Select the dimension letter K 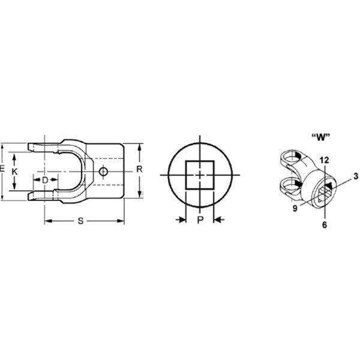(16, 172)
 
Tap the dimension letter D (45, 179)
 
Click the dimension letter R (139, 169)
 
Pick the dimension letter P (200, 221)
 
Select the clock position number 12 (325, 160)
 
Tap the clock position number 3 (355, 175)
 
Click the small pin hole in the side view (104, 172)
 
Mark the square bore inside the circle (200, 175)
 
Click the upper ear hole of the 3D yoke (293, 158)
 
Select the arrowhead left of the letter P (181, 221)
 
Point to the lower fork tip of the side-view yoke (33, 195)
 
